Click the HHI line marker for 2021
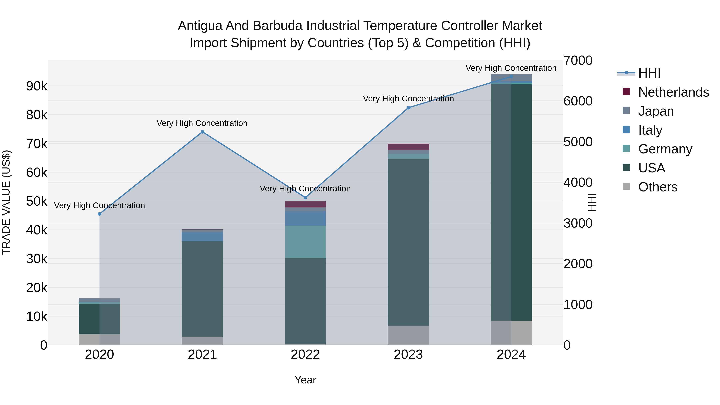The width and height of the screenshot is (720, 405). pos(202,132)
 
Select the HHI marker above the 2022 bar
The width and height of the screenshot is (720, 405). pos(305,198)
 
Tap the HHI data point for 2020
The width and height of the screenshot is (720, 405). pos(100,214)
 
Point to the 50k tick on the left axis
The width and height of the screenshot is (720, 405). pos(37,201)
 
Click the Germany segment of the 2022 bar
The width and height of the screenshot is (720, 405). pos(305,242)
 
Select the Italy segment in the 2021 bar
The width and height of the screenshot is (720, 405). pos(202,236)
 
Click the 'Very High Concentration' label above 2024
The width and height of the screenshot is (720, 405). pos(511,68)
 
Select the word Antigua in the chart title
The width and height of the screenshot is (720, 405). pos(200,26)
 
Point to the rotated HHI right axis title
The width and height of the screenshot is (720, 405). pos(592,202)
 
